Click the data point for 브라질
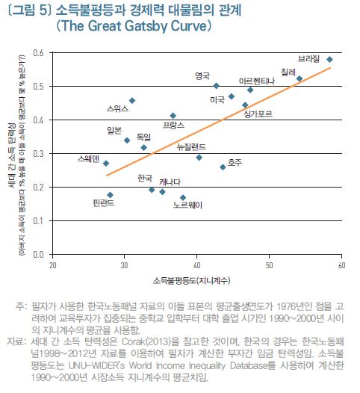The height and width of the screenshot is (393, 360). click(x=329, y=59)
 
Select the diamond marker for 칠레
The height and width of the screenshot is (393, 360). click(x=300, y=78)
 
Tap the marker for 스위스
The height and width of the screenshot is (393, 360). click(x=132, y=100)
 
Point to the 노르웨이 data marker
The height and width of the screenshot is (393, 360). click(x=183, y=197)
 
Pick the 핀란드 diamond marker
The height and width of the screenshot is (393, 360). click(x=111, y=195)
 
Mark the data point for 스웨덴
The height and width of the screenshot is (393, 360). click(x=106, y=163)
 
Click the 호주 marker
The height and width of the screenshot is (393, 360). click(x=223, y=167)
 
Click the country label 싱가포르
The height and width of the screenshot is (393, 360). click(x=258, y=114)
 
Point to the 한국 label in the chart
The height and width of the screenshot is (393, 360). click(x=146, y=179)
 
